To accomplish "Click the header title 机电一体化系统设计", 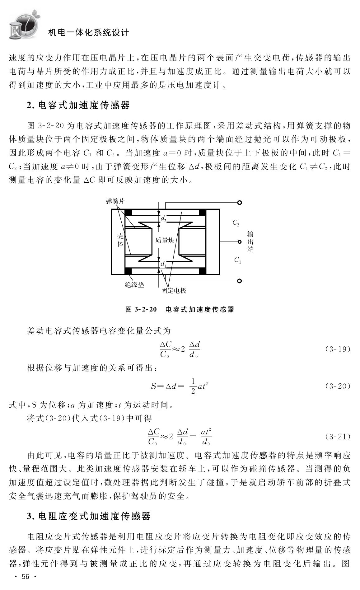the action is [88, 32].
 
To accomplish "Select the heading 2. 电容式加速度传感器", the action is [78, 105].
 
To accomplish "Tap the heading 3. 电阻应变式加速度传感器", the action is [89, 516].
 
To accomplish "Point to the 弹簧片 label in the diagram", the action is [115, 201].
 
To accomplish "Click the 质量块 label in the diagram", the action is [165, 240].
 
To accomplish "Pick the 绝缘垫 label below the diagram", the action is [134, 284].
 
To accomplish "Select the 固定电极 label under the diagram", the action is [174, 291].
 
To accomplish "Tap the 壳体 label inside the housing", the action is [120, 240].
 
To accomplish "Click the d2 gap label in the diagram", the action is [163, 219].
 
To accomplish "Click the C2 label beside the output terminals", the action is [236, 223].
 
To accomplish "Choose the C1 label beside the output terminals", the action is [238, 260].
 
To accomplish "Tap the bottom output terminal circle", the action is [239, 281].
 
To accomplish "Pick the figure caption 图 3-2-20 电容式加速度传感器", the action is [180, 309].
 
